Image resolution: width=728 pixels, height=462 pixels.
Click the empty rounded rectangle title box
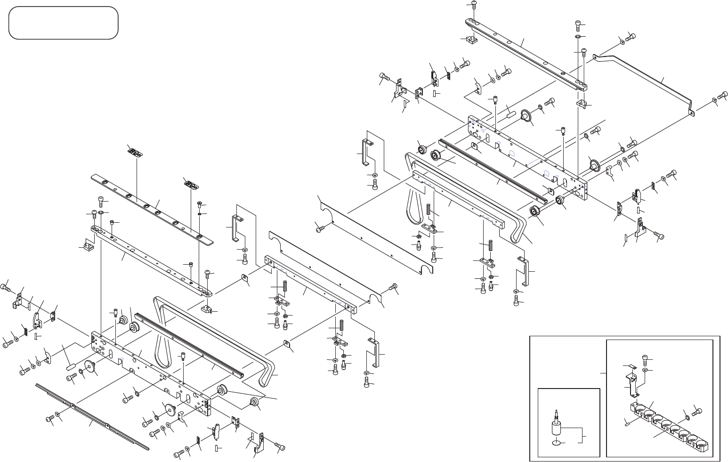tap(63, 23)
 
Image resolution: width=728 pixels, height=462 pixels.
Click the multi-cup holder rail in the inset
tap(669, 426)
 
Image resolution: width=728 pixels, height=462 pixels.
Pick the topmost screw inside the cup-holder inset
tap(646, 361)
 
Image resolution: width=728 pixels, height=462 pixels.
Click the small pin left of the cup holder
tap(628, 422)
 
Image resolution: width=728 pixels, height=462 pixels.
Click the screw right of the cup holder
tap(697, 412)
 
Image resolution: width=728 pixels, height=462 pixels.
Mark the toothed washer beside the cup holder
tap(688, 416)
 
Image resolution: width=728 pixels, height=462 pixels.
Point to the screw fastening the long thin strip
tap(49, 418)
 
